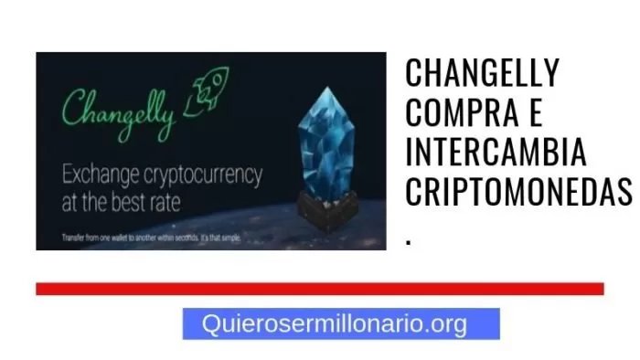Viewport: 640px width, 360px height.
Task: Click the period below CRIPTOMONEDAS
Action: point(409,239)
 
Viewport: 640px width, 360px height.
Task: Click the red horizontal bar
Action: point(320,289)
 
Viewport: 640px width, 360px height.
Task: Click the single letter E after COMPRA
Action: point(536,113)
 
